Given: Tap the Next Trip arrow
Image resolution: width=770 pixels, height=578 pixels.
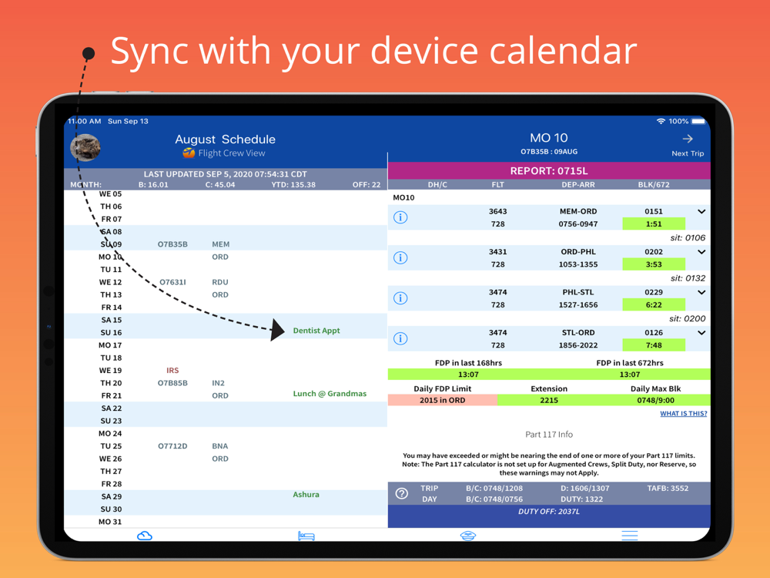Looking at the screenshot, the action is (688, 139).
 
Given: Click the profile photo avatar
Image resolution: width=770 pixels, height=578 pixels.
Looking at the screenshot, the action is (85, 147).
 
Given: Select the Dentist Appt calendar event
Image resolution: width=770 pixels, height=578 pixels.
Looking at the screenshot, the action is (316, 331).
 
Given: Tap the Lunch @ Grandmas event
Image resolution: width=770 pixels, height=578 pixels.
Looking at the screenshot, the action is (330, 394).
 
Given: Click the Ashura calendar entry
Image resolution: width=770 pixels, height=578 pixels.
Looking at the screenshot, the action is (306, 495).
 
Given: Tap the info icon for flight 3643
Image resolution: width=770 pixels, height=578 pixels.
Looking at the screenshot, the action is (400, 217).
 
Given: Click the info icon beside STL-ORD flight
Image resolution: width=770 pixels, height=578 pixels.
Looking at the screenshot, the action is (400, 338).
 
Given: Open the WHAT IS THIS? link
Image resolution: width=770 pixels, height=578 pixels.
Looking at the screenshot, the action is (683, 413).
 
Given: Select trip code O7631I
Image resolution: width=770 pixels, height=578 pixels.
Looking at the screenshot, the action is (172, 282).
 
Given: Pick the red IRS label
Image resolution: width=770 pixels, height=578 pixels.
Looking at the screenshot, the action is (172, 371).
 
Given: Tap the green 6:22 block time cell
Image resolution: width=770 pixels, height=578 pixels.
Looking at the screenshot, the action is (654, 304).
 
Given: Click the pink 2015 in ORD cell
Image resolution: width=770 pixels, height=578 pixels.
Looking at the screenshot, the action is (443, 400).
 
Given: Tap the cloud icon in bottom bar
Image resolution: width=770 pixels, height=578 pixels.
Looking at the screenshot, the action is (145, 536).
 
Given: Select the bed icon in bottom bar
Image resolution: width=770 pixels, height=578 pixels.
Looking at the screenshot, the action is (306, 536).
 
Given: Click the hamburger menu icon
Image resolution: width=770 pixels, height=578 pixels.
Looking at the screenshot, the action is (630, 536).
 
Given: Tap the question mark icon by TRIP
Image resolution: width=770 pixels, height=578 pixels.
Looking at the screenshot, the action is (402, 493).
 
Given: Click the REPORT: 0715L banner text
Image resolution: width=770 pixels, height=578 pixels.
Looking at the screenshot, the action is (549, 171).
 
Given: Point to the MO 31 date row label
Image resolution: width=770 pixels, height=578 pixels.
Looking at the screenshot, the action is (110, 522).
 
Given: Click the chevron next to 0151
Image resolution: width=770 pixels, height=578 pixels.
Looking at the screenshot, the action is (701, 211).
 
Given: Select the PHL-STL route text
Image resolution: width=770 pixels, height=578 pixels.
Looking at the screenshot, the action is (578, 292).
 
